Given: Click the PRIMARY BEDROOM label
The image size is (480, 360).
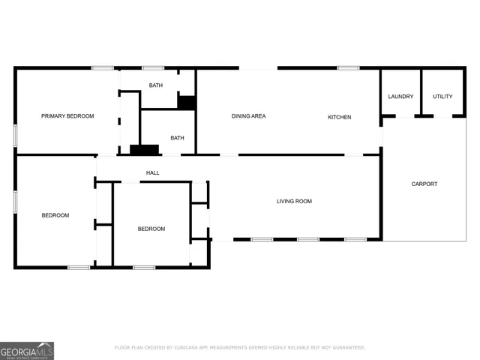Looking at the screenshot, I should pos(67,116).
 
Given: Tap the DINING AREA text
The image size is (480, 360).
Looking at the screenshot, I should pos(248,116).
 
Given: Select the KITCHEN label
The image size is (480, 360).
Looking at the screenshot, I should pos(339,117).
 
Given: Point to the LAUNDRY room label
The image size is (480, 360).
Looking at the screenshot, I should pos(400,97).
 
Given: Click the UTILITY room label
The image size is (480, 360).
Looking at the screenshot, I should pos(442,97).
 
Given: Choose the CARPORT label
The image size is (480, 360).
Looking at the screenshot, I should pos(424,184).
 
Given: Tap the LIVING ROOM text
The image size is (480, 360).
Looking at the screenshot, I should pos(294,201).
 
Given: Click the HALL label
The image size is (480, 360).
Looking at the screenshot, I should pos(152,173).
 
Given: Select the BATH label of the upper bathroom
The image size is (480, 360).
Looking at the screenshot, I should pos(155,85).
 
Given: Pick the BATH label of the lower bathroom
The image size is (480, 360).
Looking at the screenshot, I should pos(177,138).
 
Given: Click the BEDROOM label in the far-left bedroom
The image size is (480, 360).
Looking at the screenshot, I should pos(55,215).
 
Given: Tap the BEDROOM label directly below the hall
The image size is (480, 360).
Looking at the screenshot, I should pos(151,229).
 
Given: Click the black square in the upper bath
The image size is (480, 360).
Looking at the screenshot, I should pos(186,102).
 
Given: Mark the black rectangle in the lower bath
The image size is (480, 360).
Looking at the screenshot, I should pos(144,149).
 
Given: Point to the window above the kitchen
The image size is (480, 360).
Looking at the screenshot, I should pos(347,68).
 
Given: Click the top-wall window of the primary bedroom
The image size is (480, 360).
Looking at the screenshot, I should pos(103,68).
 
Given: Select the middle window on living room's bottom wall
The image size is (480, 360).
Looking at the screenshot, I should pos(307,239).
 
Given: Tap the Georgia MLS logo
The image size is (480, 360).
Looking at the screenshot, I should pos(27,350).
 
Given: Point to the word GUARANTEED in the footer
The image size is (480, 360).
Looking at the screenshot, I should pos(346,347).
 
